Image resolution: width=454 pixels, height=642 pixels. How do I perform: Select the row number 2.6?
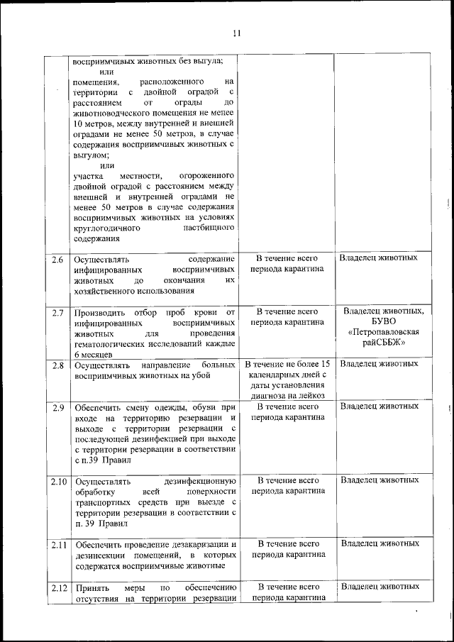[x=58, y=259]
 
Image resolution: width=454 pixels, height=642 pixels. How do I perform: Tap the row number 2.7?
[x=58, y=312]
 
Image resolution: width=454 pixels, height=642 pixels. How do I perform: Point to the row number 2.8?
[x=58, y=365]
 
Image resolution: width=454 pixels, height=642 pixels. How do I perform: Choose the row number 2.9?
[x=58, y=407]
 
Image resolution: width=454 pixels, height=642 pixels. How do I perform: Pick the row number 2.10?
[x=58, y=481]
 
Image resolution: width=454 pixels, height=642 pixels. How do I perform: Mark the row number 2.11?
[x=58, y=544]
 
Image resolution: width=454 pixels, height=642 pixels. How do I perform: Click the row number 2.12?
[x=58, y=587]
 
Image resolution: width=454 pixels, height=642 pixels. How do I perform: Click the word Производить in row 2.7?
[x=99, y=312]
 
